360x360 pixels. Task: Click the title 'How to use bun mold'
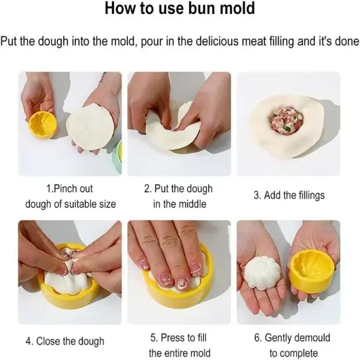(x=179, y=11)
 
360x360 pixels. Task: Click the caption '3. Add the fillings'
(x=289, y=195)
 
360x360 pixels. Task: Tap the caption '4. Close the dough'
(x=65, y=341)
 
